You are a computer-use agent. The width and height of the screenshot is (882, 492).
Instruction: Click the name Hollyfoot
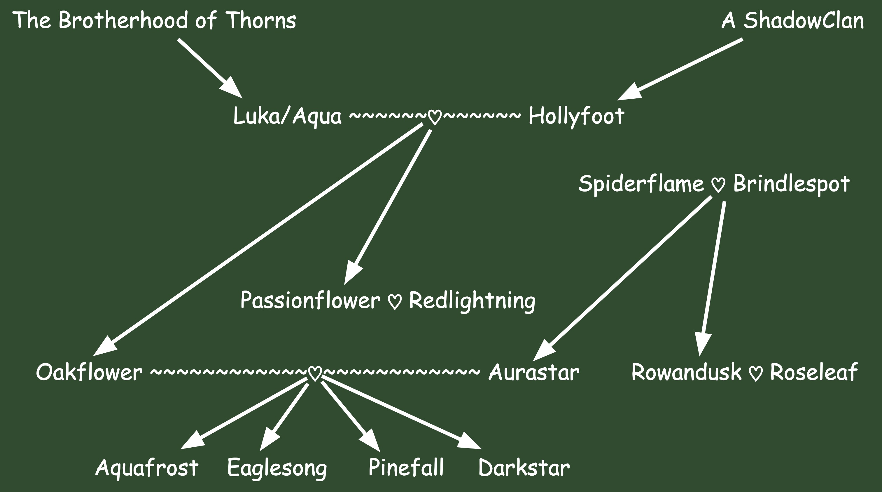click(576, 116)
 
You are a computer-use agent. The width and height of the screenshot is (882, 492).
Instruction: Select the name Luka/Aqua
click(287, 116)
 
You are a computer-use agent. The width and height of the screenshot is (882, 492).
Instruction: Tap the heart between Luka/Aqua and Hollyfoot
click(435, 117)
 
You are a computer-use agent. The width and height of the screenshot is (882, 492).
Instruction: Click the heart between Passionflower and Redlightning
click(394, 302)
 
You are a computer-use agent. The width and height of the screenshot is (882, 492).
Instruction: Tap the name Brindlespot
click(791, 184)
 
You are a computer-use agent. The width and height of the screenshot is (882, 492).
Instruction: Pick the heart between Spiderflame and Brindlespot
click(718, 185)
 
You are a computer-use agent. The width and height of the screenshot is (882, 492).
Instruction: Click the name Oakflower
click(89, 372)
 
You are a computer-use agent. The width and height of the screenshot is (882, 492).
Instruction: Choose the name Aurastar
click(534, 372)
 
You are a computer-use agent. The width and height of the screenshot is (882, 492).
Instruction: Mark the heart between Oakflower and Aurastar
click(315, 374)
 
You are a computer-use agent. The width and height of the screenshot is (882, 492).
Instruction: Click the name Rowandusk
click(686, 372)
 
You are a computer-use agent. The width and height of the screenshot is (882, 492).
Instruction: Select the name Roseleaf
click(813, 372)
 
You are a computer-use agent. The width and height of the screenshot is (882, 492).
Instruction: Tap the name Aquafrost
click(146, 467)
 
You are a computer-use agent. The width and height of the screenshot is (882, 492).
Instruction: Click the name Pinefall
click(406, 467)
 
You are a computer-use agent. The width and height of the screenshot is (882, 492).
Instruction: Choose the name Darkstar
click(524, 467)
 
